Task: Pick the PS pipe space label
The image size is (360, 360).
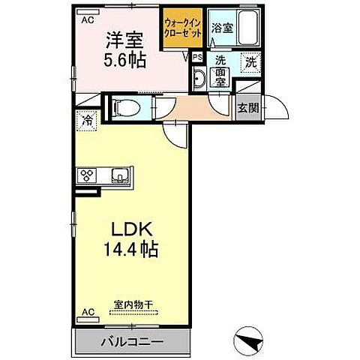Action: pyautogui.click(x=196, y=57)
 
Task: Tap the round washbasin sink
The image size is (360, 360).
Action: pyautogui.click(x=200, y=79)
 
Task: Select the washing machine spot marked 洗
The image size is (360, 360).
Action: pyautogui.click(x=252, y=63)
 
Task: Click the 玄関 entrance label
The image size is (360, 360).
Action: pyautogui.click(x=248, y=108)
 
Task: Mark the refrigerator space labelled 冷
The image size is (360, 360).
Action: pyautogui.click(x=87, y=120)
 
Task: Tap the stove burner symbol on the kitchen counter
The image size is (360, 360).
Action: pyautogui.click(x=86, y=176)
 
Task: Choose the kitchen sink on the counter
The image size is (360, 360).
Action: pyautogui.click(x=119, y=176)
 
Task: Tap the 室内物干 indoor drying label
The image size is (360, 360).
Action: pyautogui.click(x=133, y=304)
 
